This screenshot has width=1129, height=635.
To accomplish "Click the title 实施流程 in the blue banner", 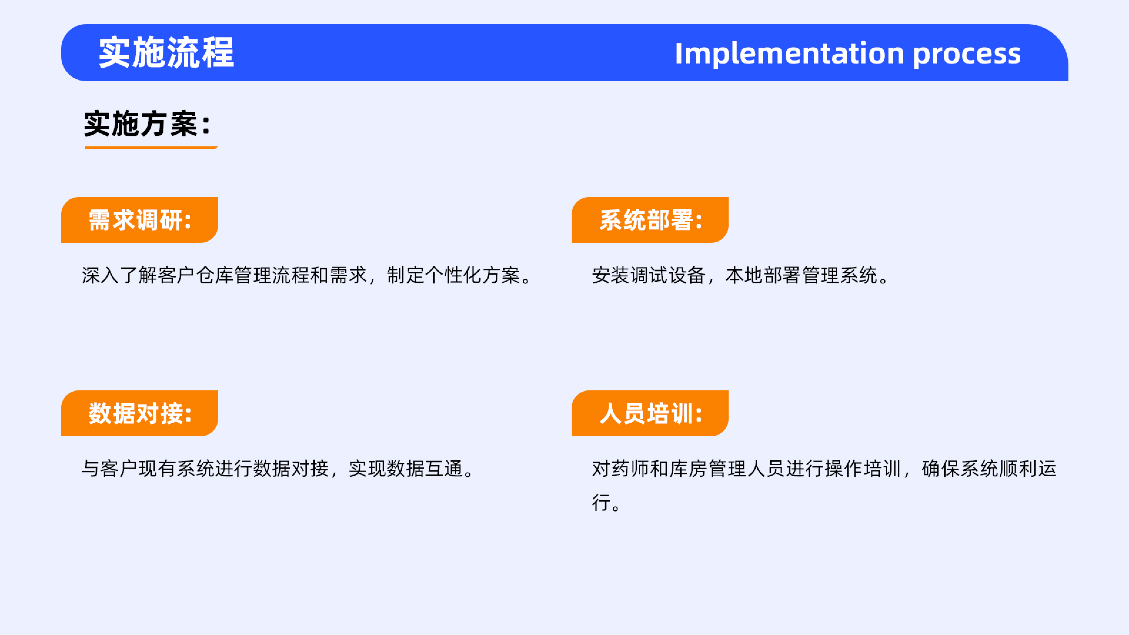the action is click(167, 53).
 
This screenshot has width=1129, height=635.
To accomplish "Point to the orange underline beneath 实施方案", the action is click(151, 147).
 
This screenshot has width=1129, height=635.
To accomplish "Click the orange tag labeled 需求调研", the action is click(139, 220).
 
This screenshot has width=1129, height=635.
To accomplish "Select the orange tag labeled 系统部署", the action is click(650, 220).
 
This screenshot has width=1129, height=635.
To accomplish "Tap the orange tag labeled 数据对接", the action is click(139, 413).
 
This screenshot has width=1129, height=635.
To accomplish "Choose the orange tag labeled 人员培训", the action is click(650, 413).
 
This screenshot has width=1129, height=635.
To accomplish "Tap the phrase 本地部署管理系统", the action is click(802, 275).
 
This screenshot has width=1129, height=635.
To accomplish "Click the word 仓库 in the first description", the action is click(215, 275).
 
